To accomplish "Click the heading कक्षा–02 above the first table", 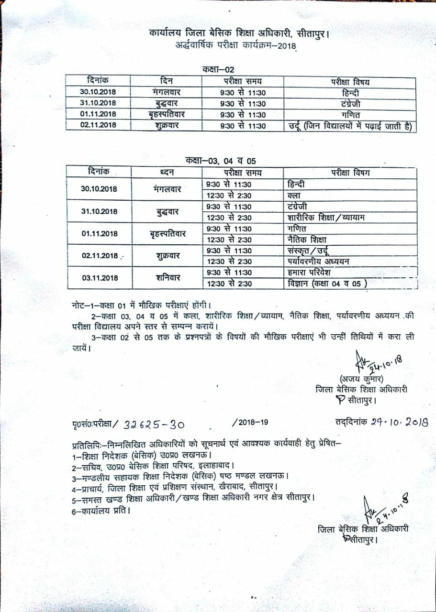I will pyautogui.click(x=218, y=70).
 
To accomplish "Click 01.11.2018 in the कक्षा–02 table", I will pyautogui.click(x=99, y=114).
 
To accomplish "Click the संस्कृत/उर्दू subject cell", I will pyautogui.click(x=307, y=250).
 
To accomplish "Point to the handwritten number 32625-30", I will pyautogui.click(x=154, y=425).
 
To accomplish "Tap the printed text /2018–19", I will pyautogui.click(x=250, y=422).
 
